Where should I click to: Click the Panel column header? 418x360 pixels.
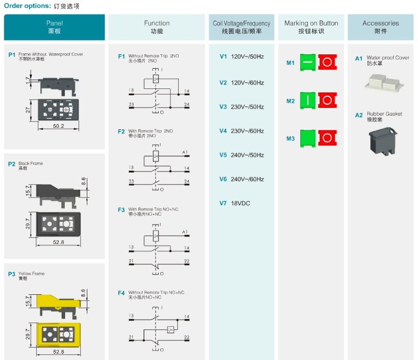pos(54,27)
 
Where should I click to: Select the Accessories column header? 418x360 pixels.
pos(380,27)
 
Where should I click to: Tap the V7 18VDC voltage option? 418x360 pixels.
pos(235,203)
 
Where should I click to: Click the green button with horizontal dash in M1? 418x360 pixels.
pos(307,63)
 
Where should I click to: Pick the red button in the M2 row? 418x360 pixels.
pos(328,100)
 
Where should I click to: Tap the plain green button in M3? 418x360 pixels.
pos(307,138)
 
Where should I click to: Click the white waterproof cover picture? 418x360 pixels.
pos(384,83)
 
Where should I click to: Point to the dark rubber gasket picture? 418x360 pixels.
pos(383,141)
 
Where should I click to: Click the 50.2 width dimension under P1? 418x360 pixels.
pos(58,126)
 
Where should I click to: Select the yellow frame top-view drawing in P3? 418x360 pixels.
pos(58,335)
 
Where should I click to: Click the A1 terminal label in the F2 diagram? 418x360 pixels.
pos(185,152)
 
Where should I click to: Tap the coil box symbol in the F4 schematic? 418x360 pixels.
pos(171,330)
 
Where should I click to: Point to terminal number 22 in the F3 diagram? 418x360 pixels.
pos(187,261)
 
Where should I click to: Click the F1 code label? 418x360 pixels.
pos(121,56)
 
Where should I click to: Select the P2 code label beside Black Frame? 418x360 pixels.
pos(12,164)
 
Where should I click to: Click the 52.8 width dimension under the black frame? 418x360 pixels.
pos(58,242)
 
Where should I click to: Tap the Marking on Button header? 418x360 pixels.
pos(311,27)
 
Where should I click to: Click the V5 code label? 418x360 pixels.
pos(223,155)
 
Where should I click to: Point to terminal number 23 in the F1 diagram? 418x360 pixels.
pos(131,104)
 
